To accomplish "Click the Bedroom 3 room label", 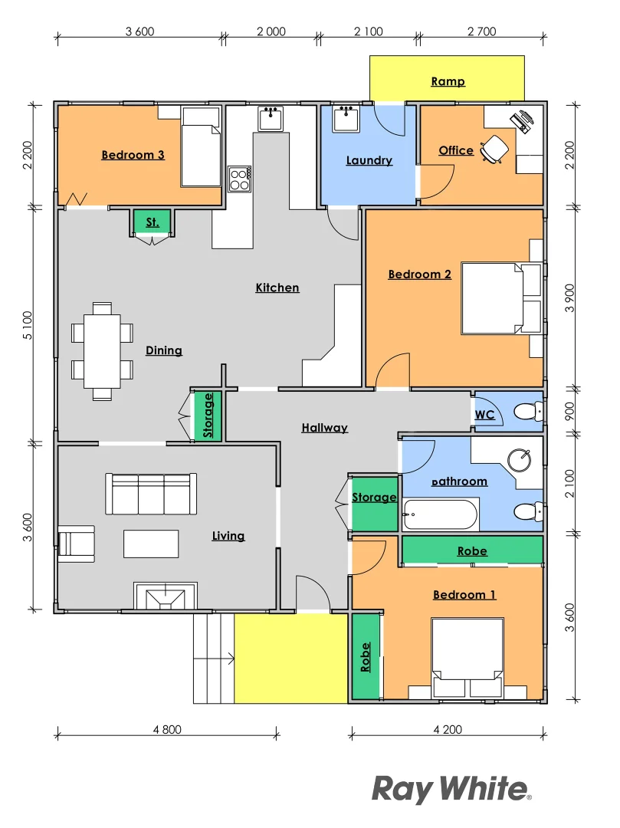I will click(133, 155).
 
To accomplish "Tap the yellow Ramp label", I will click(448, 81).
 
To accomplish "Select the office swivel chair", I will click(494, 149).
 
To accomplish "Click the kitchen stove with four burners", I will click(240, 179).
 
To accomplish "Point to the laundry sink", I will click(346, 117).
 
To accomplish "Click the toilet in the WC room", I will click(527, 412).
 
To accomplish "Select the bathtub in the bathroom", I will click(441, 514).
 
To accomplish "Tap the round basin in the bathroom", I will click(520, 458).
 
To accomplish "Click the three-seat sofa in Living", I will click(151, 494).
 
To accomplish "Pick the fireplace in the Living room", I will click(165, 596).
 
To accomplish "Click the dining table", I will click(102, 351).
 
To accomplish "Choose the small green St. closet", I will click(153, 222).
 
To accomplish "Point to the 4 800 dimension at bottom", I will click(166, 729).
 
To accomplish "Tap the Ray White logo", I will click(451, 788).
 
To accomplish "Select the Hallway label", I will click(324, 428).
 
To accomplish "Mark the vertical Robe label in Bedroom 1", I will click(366, 657).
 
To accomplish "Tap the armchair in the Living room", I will click(76, 543).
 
